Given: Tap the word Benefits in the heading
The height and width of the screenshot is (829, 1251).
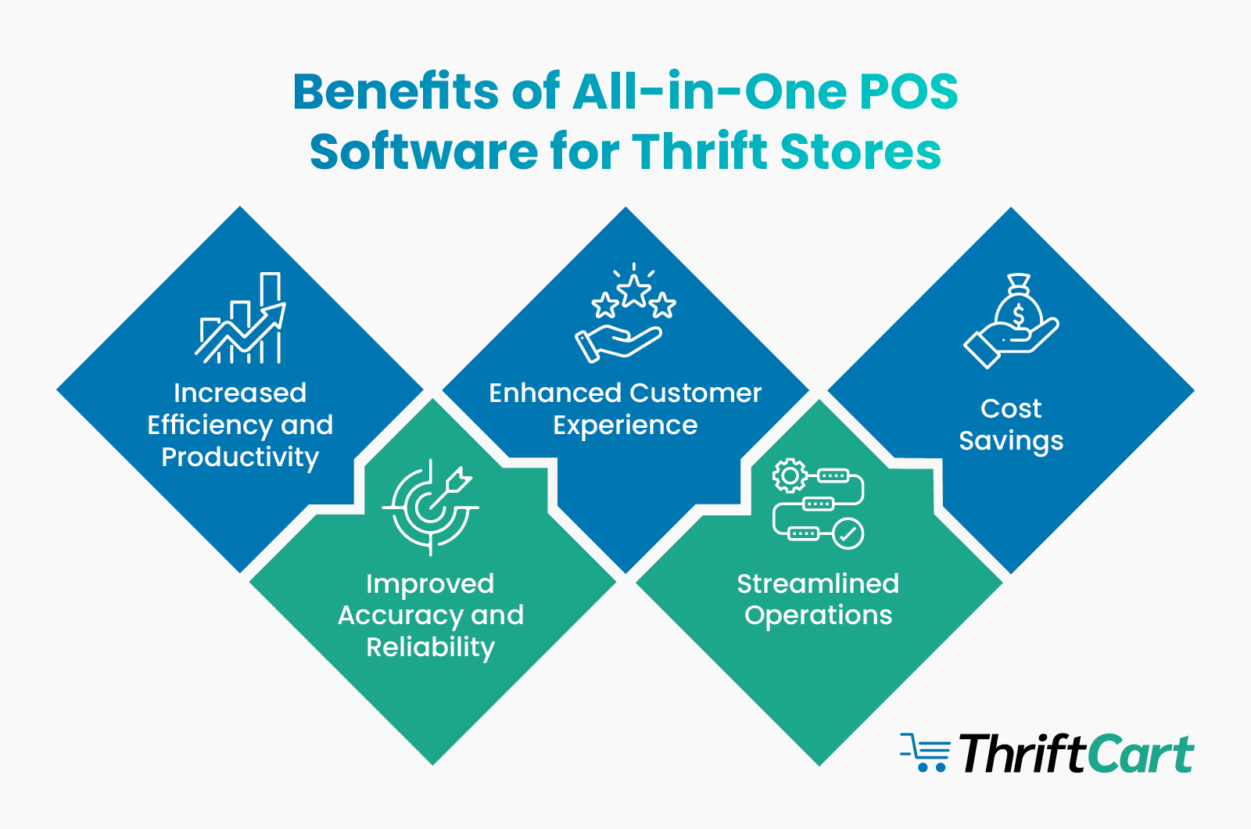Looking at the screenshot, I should point(395,92).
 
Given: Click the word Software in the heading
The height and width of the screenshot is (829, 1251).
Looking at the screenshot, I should point(423,152).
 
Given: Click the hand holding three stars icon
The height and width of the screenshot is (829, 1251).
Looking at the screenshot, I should point(625,313).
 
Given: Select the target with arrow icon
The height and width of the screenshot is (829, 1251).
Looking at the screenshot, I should point(431,506).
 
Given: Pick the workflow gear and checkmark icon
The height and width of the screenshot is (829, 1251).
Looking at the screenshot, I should point(818,504).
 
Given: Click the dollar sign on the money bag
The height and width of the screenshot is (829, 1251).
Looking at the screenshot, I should point(1018,315).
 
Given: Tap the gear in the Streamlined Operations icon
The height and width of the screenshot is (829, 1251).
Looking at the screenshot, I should point(790,476).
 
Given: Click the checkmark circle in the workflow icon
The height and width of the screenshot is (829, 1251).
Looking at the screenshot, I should point(848,534).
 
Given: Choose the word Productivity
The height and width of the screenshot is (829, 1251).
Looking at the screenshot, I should point(240,457).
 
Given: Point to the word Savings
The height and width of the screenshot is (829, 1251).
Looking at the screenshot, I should point(1011,441).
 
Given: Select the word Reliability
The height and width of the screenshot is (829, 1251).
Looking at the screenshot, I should point(431,648).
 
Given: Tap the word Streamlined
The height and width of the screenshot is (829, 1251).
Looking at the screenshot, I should point(818,583).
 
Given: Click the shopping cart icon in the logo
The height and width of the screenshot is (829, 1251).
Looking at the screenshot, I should point(925,752).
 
